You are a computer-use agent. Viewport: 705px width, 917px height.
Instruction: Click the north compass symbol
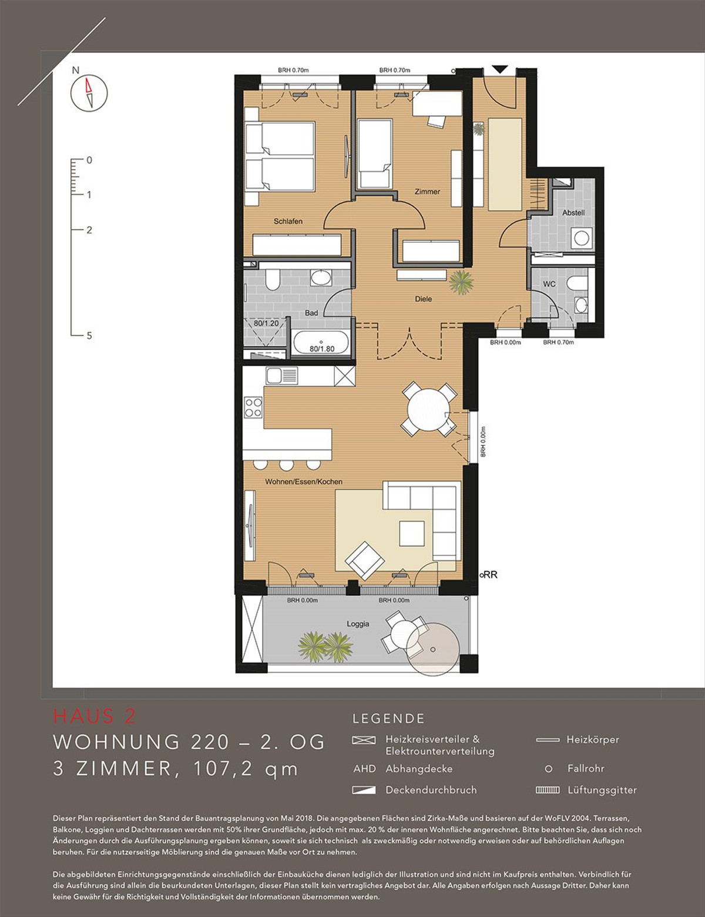(89, 93)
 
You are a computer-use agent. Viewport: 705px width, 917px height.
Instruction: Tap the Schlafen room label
(288, 221)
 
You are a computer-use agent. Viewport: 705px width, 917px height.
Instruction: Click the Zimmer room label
(427, 192)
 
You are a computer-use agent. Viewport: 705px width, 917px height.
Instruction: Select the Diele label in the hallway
(424, 299)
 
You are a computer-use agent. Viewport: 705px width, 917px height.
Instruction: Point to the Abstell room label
(573, 213)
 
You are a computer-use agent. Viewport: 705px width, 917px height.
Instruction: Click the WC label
(549, 284)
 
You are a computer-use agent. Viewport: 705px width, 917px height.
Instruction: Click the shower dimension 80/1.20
(266, 324)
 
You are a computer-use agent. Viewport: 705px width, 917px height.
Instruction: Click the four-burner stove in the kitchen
(253, 407)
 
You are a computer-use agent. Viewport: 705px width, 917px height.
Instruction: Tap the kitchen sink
(281, 375)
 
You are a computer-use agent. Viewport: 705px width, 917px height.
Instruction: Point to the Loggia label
(358, 624)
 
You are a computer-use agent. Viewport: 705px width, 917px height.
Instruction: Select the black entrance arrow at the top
(499, 69)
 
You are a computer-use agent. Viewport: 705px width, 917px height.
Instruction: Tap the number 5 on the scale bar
(89, 336)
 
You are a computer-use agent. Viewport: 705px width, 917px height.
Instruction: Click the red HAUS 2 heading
(95, 716)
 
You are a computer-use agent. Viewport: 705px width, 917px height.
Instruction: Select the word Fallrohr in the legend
(586, 768)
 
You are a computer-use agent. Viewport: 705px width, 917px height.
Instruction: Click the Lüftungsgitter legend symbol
(548, 790)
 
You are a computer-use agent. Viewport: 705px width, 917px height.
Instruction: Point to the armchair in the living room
(365, 561)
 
